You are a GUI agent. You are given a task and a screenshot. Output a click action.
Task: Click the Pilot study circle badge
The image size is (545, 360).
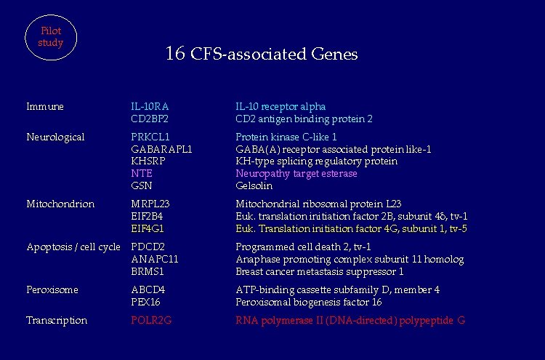pos(51,36)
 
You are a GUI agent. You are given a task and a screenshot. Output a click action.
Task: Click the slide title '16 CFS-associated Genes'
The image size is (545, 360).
pos(262,54)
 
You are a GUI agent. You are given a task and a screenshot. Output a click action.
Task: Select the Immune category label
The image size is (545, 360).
pos(45,107)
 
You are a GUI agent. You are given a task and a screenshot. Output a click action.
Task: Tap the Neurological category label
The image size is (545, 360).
pos(55,137)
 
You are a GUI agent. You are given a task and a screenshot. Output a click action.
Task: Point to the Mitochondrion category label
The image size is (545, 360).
pos(60,204)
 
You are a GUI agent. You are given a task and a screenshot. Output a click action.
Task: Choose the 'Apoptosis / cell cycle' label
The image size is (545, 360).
pos(73,247)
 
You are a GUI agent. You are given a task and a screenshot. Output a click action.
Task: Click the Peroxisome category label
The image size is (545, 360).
pos(52,289)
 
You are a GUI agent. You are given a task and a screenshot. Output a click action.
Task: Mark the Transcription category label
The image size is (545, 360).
pos(57,320)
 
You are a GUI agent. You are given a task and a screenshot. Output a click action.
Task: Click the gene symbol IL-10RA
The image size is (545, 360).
pos(150,107)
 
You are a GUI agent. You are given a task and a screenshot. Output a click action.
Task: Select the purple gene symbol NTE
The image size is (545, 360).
pos(142,173)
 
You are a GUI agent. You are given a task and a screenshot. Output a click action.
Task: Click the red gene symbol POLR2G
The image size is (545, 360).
pos(151,320)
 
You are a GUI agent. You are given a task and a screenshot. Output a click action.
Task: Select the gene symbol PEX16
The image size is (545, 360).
pos(145,302)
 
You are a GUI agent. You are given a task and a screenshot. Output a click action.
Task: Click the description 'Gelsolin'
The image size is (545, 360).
pos(254,185)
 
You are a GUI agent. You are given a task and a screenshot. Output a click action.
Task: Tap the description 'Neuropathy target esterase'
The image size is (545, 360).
pos(296,173)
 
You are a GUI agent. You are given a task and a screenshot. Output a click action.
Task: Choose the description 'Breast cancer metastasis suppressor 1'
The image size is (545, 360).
pos(320,271)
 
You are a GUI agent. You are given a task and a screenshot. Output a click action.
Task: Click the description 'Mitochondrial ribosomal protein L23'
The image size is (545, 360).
pos(318,204)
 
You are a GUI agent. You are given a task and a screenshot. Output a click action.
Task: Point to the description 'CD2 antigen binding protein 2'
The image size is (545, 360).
pos(304,119)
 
